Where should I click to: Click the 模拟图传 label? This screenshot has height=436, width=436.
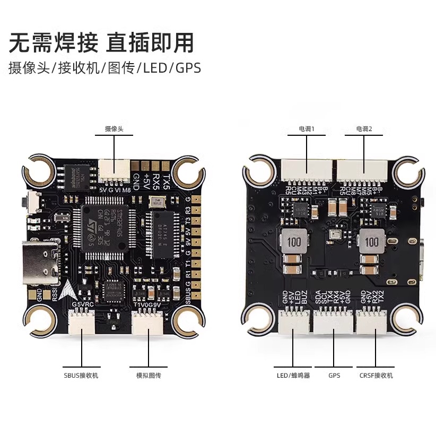(149, 376)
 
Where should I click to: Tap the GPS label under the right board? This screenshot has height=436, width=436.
(334, 376)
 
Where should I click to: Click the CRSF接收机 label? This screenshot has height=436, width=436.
(376, 376)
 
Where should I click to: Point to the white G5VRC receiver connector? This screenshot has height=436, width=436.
(82, 321)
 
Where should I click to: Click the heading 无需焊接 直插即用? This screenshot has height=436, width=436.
(101, 42)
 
